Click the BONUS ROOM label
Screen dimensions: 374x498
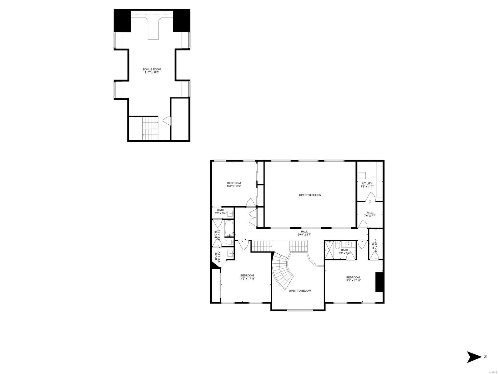point(152,71)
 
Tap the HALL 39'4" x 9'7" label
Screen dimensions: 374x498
point(304,233)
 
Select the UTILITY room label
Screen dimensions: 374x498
point(367,185)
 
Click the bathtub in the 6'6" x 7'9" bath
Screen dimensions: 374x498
point(229,229)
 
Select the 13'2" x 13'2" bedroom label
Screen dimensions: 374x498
point(234,185)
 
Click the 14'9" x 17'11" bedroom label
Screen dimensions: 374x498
point(247,277)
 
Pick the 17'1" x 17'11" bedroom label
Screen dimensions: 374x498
point(353,279)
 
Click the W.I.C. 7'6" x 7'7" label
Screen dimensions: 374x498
point(370,214)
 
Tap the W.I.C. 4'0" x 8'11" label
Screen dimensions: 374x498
point(375,246)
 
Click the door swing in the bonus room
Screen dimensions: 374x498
point(167,121)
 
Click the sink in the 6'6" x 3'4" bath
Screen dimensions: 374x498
point(230,213)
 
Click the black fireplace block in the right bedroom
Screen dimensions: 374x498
point(379,282)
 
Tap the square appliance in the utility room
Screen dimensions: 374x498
point(362,175)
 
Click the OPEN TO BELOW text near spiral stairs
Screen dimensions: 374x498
point(300,291)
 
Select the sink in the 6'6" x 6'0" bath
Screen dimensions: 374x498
point(230,253)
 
